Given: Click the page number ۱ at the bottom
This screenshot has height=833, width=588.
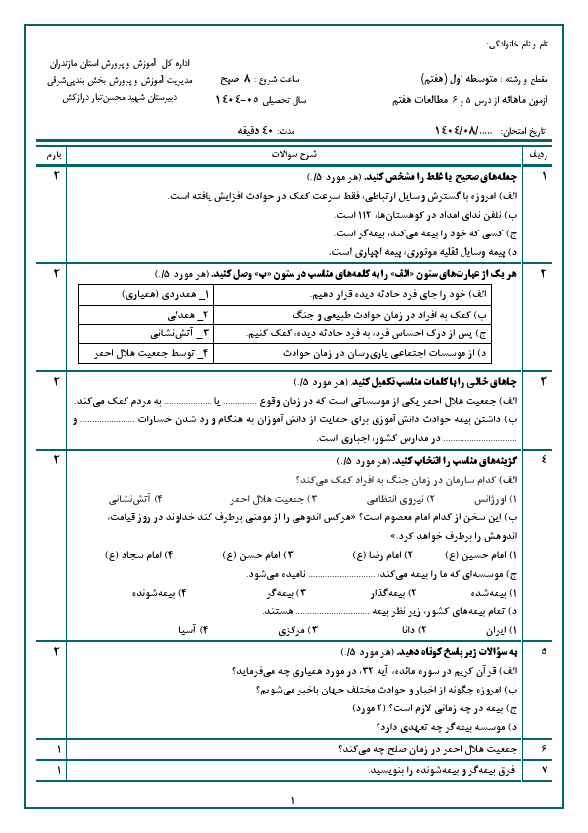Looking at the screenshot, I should (294, 800).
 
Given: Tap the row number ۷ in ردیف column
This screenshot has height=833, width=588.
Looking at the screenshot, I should (543, 768).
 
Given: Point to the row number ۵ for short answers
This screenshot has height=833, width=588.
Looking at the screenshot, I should (543, 652).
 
